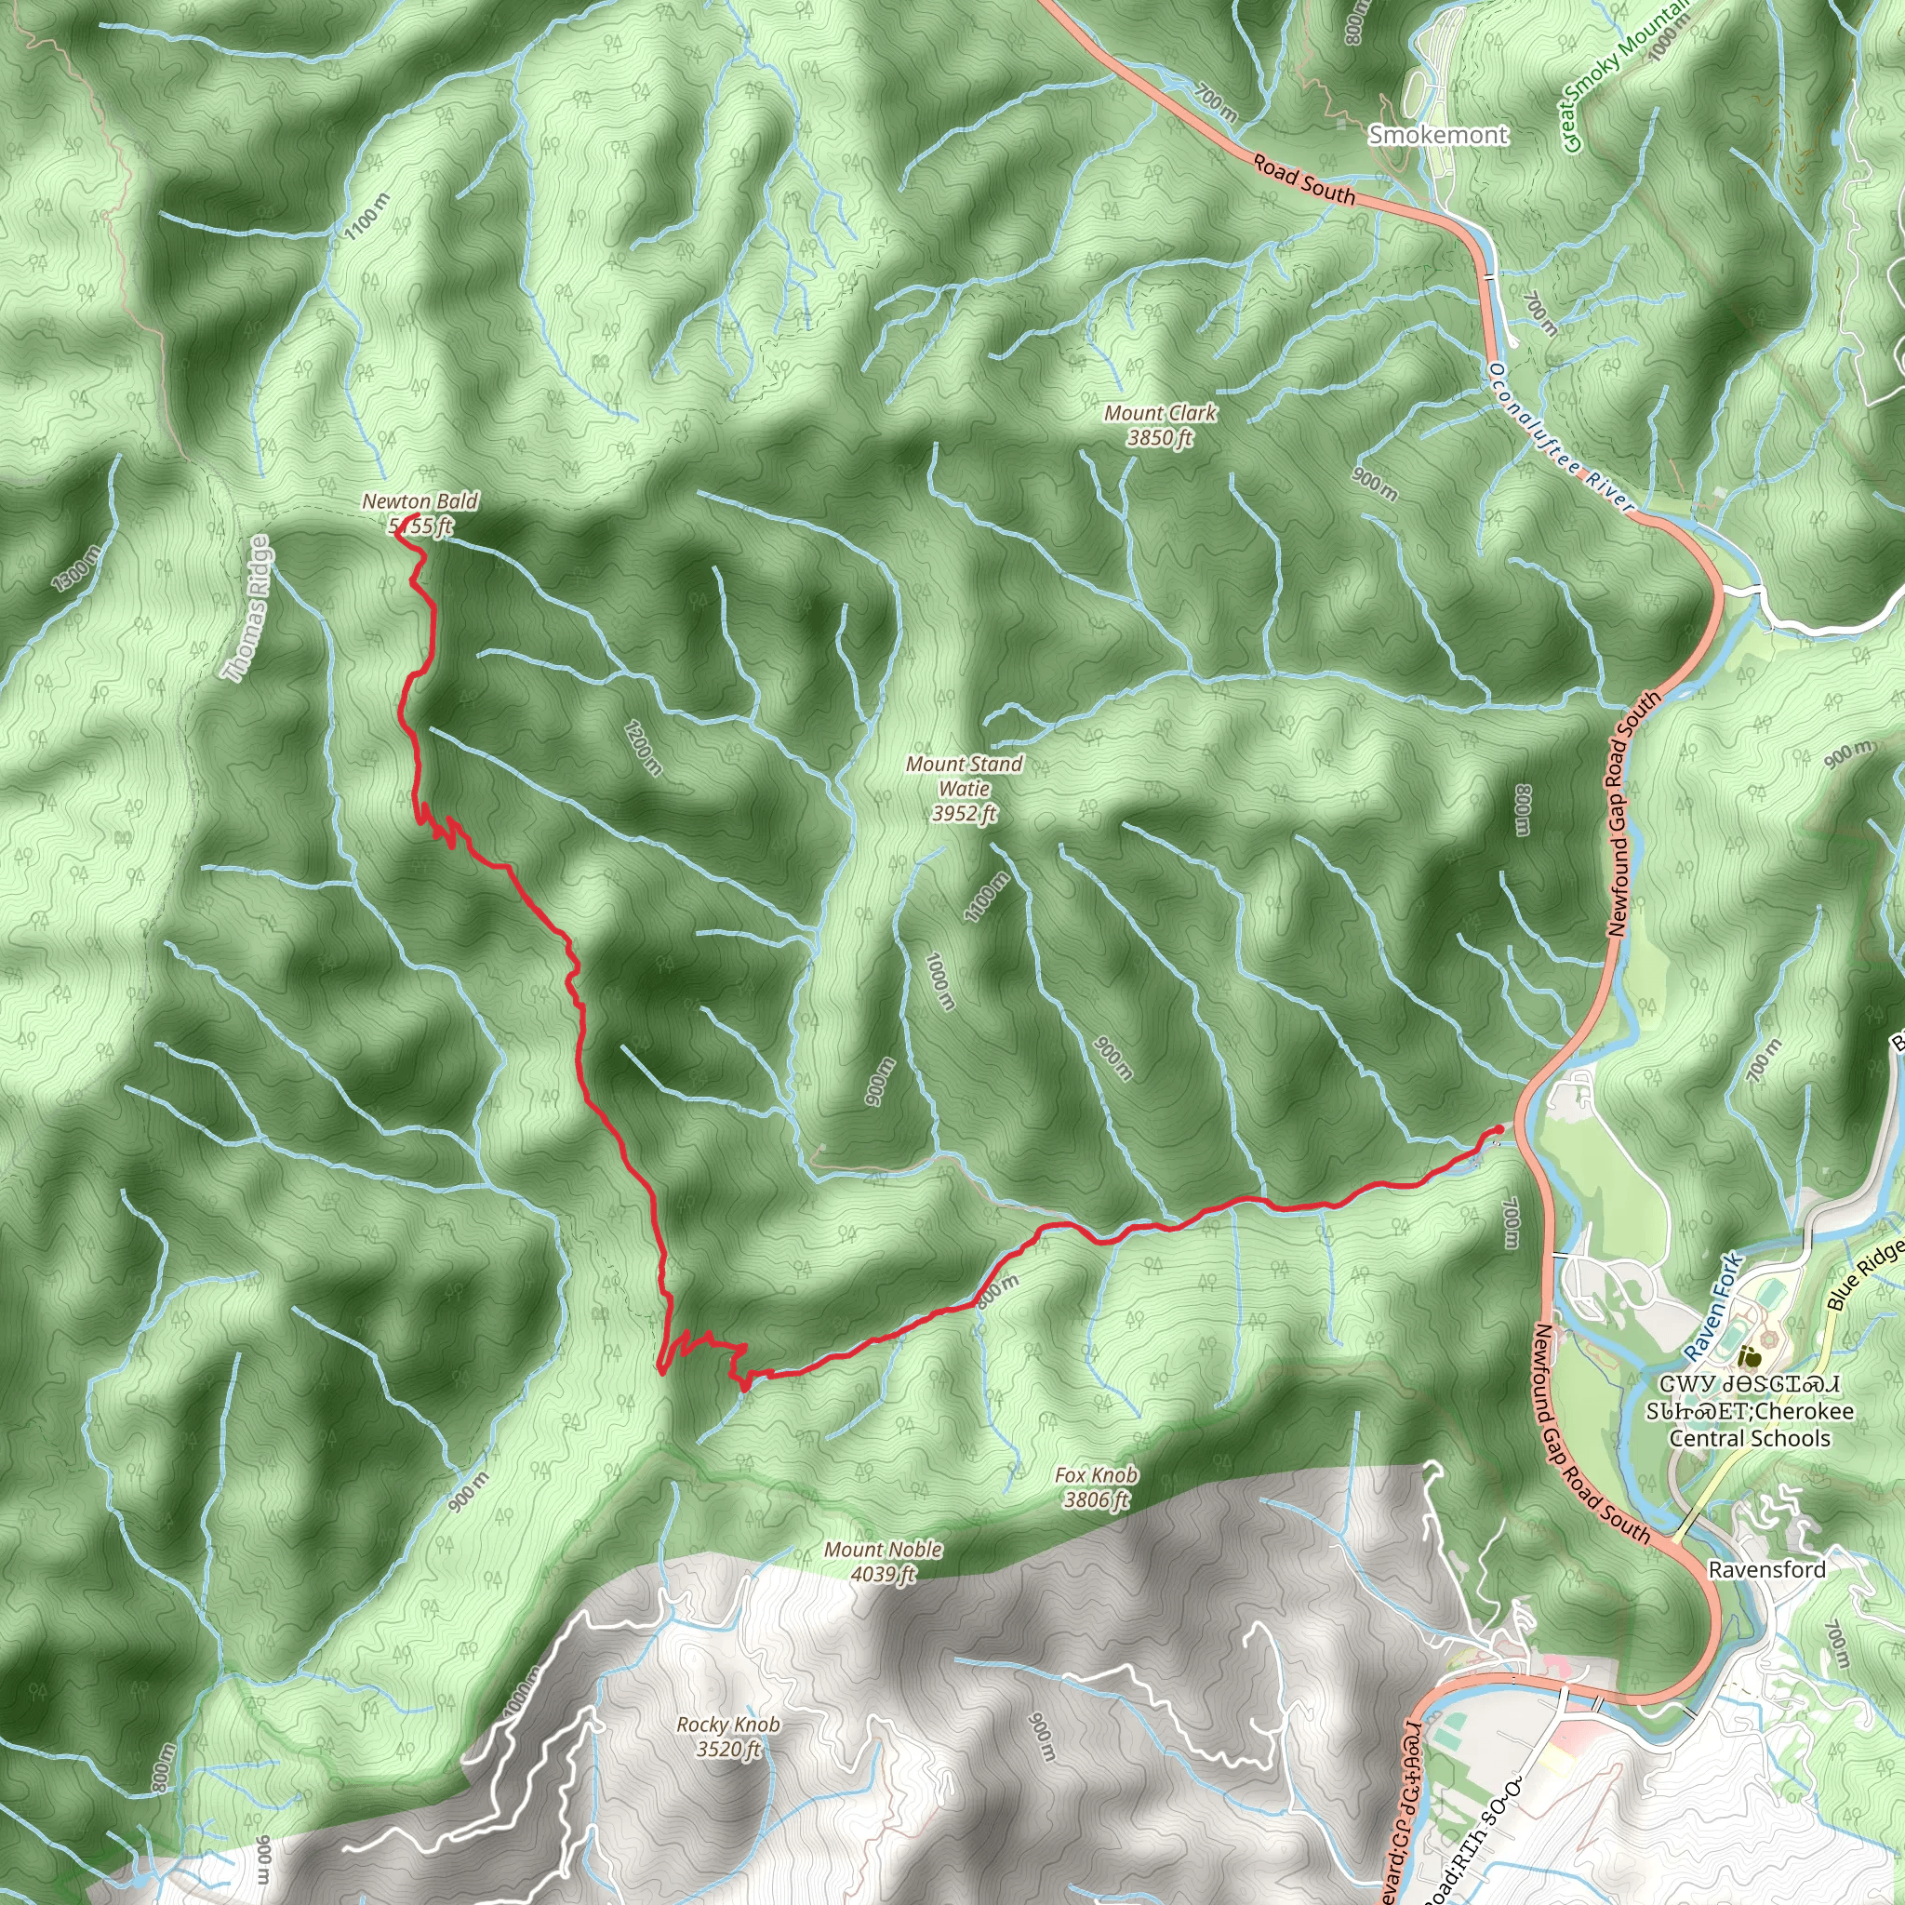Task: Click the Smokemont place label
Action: [1438, 135]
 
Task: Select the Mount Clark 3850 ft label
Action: [1161, 425]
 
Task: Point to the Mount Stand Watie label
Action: [965, 788]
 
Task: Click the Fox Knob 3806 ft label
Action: [1096, 1487]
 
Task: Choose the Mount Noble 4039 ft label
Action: [884, 1562]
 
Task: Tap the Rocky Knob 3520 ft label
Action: [727, 1737]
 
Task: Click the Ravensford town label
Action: [1767, 1569]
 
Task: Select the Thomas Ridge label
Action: [246, 609]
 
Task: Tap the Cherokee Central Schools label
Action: [1750, 1425]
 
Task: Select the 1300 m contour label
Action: [76, 569]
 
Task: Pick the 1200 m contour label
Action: [643, 748]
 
